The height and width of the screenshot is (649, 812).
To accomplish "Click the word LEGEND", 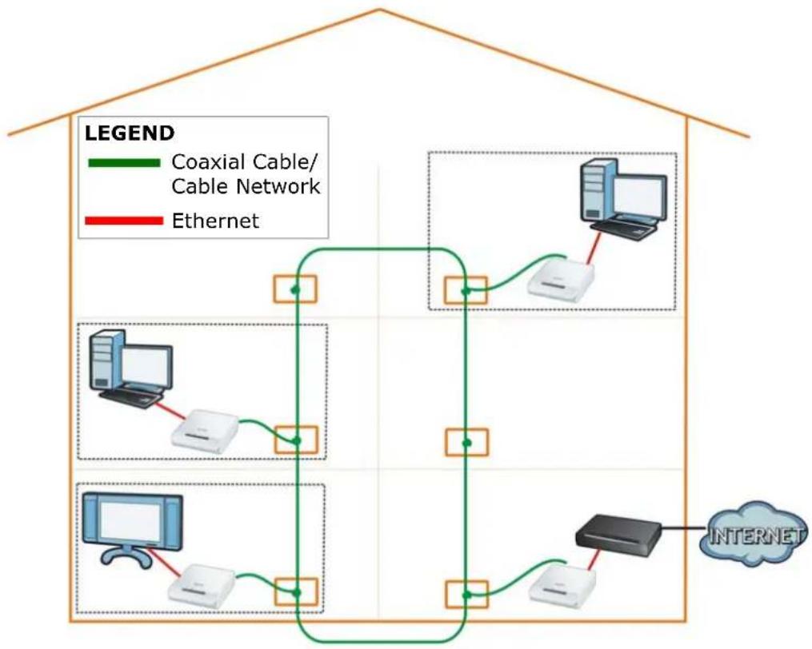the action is tap(130, 133).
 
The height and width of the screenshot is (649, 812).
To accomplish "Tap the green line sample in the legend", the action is tap(124, 162).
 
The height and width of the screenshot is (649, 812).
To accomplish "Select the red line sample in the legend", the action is tap(124, 221).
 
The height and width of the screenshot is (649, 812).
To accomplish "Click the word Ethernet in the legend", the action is tap(215, 221).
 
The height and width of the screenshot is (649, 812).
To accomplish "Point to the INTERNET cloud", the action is tap(754, 534).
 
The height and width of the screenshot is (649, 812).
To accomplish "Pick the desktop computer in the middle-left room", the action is tap(130, 368).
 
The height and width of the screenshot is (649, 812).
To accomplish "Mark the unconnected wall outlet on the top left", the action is tap(294, 289).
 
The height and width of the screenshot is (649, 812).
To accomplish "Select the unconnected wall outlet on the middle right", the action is tap(466, 443).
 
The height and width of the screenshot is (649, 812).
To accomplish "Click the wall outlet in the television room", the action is tap(296, 592).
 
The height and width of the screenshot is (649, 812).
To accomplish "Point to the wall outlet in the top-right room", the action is tap(466, 290).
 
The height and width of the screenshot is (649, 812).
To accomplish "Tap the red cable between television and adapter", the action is tap(166, 564).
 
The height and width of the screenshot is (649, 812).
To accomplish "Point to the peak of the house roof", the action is tap(379, 9).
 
